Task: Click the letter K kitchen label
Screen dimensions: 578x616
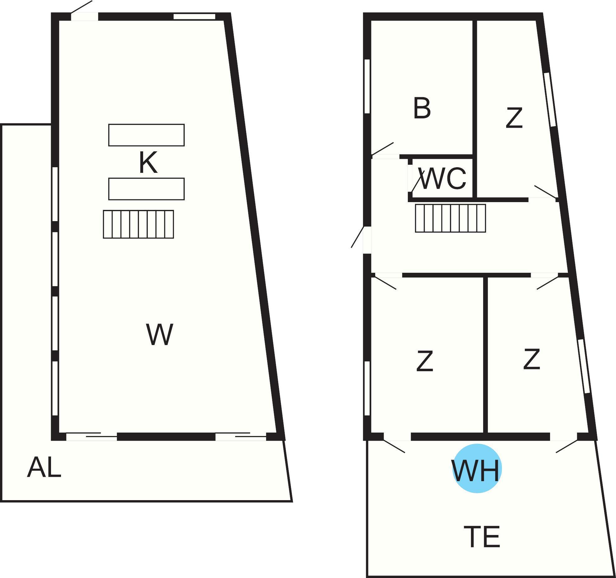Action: pos(148,162)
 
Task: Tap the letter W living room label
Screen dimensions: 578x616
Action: pos(159,334)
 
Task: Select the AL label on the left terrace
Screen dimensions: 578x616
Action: pos(44,467)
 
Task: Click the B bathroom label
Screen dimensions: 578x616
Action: pos(422,108)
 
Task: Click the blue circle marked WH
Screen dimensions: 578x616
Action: pos(477,468)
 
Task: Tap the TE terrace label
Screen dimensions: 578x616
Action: pos(482,537)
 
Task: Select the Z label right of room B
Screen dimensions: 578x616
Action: pos(514,118)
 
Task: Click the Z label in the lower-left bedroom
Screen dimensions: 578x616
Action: pos(425,361)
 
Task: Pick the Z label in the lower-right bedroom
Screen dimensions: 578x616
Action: pos(531,359)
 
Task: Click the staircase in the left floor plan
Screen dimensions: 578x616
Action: pos(138,224)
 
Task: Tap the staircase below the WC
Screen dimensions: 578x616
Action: pos(450,218)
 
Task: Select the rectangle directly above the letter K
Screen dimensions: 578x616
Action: pos(146,135)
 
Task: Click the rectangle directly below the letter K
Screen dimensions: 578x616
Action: pos(146,189)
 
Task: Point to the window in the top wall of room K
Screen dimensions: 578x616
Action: pos(194,17)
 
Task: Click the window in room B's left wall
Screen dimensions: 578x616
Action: pos(367,86)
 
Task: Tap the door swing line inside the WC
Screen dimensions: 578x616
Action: pos(418,181)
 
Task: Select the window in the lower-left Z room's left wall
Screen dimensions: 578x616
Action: pos(367,388)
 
